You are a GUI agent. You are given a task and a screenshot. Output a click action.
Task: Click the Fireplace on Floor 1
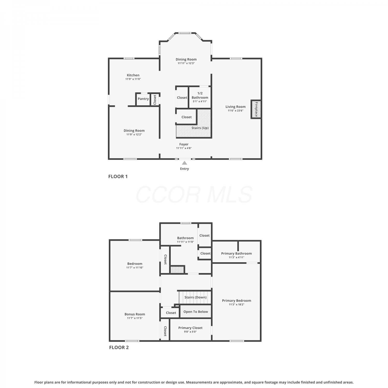point(256,109)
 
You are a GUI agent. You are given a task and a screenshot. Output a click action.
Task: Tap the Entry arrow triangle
point(184,163)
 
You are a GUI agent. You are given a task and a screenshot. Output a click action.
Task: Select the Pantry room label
point(143,99)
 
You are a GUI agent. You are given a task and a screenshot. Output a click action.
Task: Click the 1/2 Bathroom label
point(200,95)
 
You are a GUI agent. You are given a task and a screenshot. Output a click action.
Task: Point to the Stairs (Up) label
point(200,128)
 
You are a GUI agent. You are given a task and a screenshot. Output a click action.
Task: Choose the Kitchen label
point(133,75)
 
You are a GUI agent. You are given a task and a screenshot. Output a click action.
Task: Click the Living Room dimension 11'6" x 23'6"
point(235,110)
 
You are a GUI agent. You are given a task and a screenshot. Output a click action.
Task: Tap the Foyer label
point(184,144)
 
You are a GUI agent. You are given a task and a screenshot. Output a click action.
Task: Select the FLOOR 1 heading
point(118,176)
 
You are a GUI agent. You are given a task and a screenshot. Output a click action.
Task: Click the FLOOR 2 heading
point(119,347)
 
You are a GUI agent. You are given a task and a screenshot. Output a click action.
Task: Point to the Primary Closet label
point(190,328)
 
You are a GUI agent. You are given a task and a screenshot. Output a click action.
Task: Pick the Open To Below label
point(196,312)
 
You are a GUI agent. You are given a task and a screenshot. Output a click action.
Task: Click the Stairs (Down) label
point(195,297)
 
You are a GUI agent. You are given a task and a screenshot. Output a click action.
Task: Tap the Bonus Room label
point(135,314)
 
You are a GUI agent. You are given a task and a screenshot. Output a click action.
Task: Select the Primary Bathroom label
point(236,253)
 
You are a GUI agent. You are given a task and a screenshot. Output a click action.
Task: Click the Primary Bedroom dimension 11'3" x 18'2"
point(236,304)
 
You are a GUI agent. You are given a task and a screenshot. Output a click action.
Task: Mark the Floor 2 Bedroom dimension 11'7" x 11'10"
point(135,267)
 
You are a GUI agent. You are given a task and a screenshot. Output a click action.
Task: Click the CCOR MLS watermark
point(194,195)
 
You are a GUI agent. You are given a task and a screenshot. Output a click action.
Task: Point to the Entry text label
point(184,169)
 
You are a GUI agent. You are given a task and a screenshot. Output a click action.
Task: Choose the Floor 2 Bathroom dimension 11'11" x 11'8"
point(185,242)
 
